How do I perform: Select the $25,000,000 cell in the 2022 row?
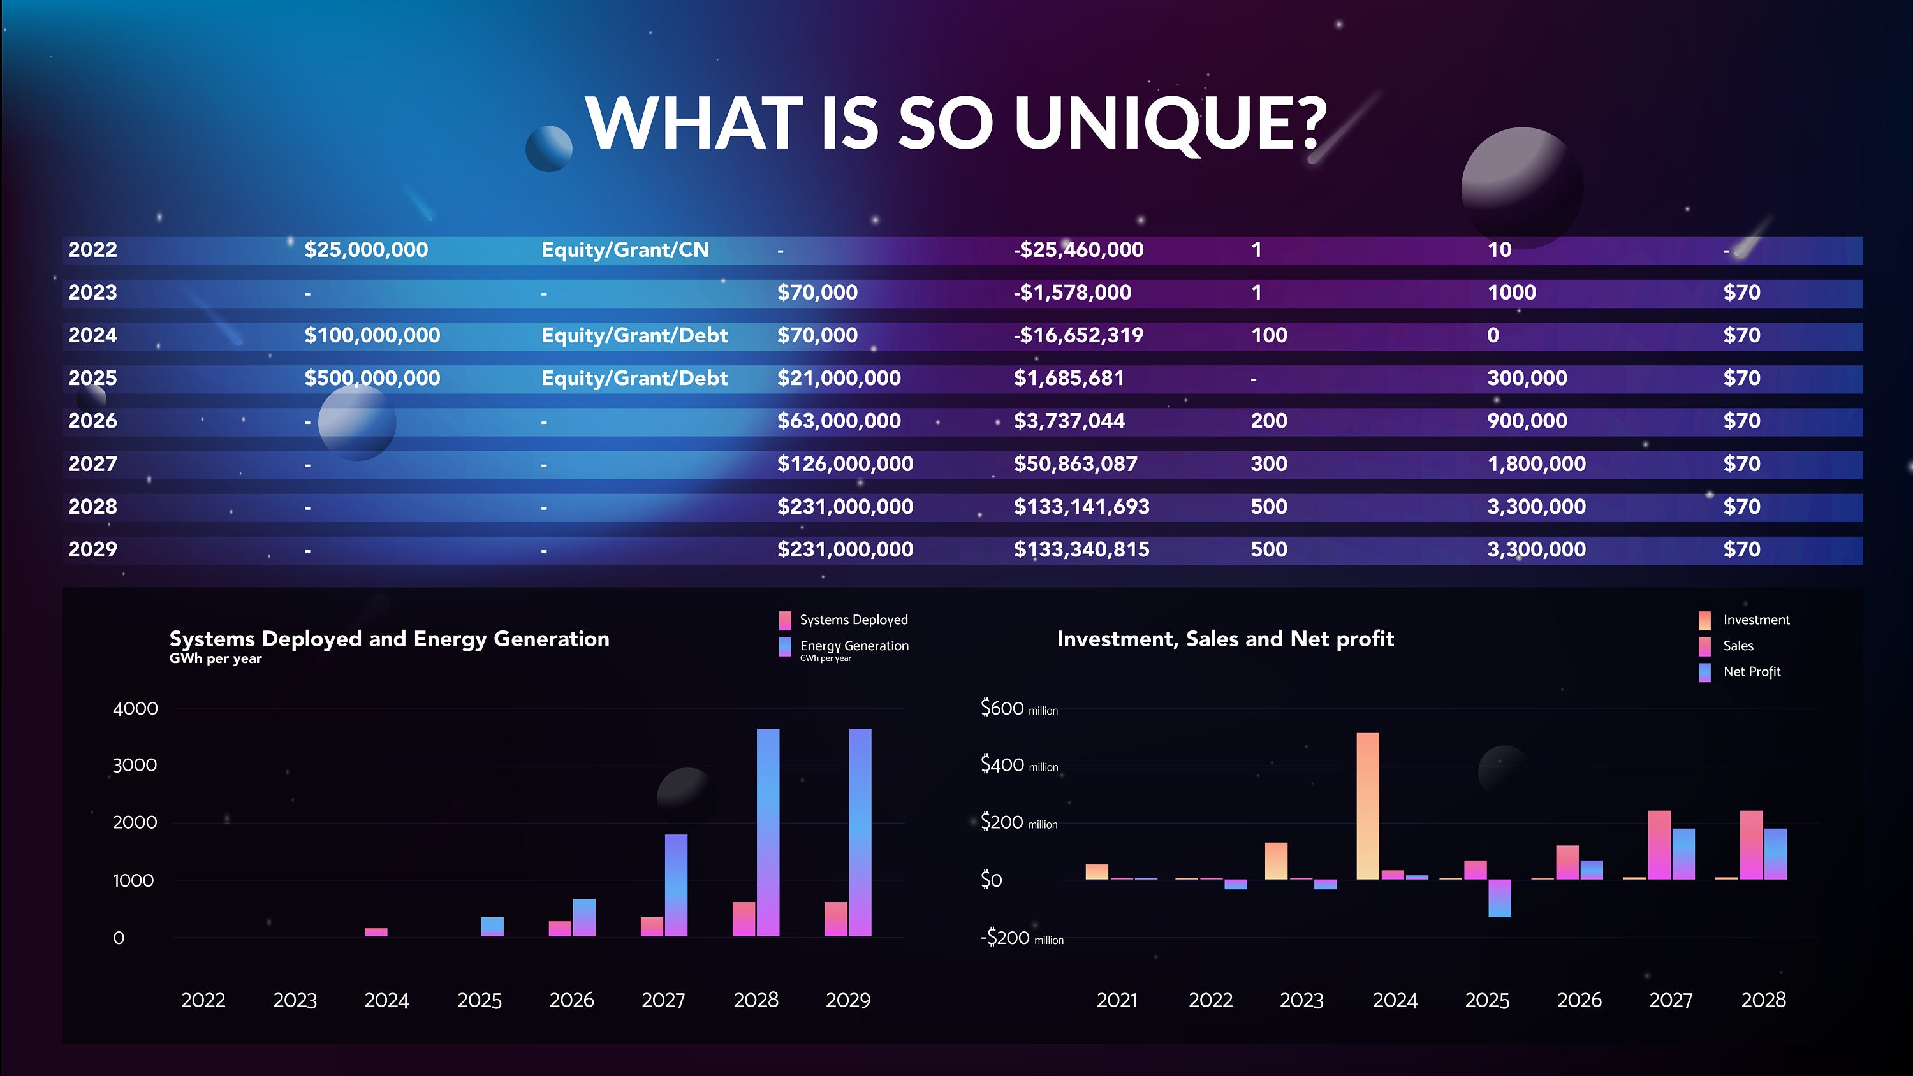tap(365, 249)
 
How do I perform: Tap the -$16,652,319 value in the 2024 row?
tap(1078, 335)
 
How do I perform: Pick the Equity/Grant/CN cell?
tap(624, 249)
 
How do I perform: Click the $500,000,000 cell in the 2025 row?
tap(371, 378)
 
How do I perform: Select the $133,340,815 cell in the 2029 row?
tap(1081, 549)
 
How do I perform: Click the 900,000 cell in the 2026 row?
tap(1527, 421)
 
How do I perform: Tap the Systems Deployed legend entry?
tap(853, 620)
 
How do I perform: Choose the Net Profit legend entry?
tap(1750, 671)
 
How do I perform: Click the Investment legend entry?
tap(1755, 620)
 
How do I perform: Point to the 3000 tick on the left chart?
tap(135, 765)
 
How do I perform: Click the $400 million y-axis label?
tap(1018, 765)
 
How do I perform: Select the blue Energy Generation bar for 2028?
tap(768, 832)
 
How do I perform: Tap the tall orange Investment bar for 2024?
tap(1367, 806)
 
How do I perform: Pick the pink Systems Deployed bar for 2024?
tap(376, 932)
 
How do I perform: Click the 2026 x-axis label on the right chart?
tap(1579, 1000)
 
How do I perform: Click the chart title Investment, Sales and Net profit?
tap(1226, 639)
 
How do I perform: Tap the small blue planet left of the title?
tap(549, 149)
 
